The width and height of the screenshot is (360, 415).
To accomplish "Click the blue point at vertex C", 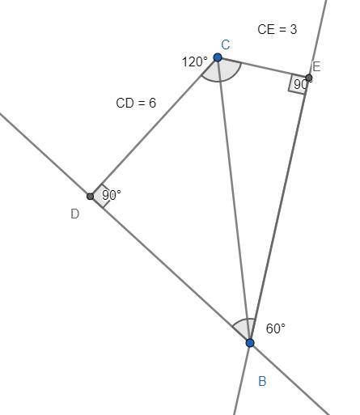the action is tap(218, 57).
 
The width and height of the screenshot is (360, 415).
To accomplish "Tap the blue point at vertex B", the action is tap(250, 343).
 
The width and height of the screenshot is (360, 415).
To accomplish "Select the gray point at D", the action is tap(91, 197).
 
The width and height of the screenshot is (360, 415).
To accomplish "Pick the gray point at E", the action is tap(309, 78).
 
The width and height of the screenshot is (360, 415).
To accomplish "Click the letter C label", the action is tap(226, 44).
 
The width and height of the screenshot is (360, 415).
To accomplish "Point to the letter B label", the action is tap(262, 381).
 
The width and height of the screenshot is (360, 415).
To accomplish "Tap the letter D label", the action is tap(75, 214).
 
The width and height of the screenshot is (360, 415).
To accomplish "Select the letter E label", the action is tap(316, 66).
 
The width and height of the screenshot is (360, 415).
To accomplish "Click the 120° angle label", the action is tap(195, 61).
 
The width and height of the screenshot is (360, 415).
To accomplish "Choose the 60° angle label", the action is tap(275, 328).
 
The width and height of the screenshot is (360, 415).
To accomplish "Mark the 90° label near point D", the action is tap(112, 195).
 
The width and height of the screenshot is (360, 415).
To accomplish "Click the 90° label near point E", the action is tap(301, 85).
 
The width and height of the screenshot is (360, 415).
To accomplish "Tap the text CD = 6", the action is tap(136, 103).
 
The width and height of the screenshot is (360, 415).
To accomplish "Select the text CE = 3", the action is tap(277, 29).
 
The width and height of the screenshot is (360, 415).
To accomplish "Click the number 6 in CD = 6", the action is tap(152, 103).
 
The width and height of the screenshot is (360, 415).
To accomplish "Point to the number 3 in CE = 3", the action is tap(294, 29).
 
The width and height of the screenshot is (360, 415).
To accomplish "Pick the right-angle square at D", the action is tap(100, 197).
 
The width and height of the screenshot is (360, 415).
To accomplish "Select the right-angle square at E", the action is tap(299, 83).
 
